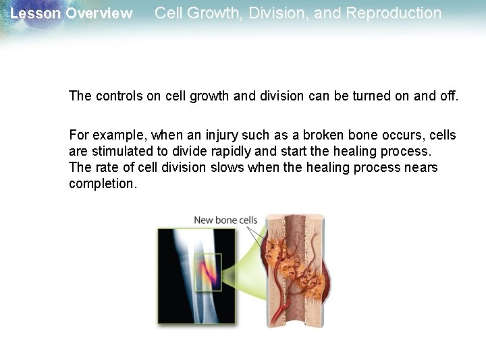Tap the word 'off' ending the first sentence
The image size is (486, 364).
point(448,96)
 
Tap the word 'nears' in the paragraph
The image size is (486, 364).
point(421,167)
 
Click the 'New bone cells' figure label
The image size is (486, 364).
point(225,220)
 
